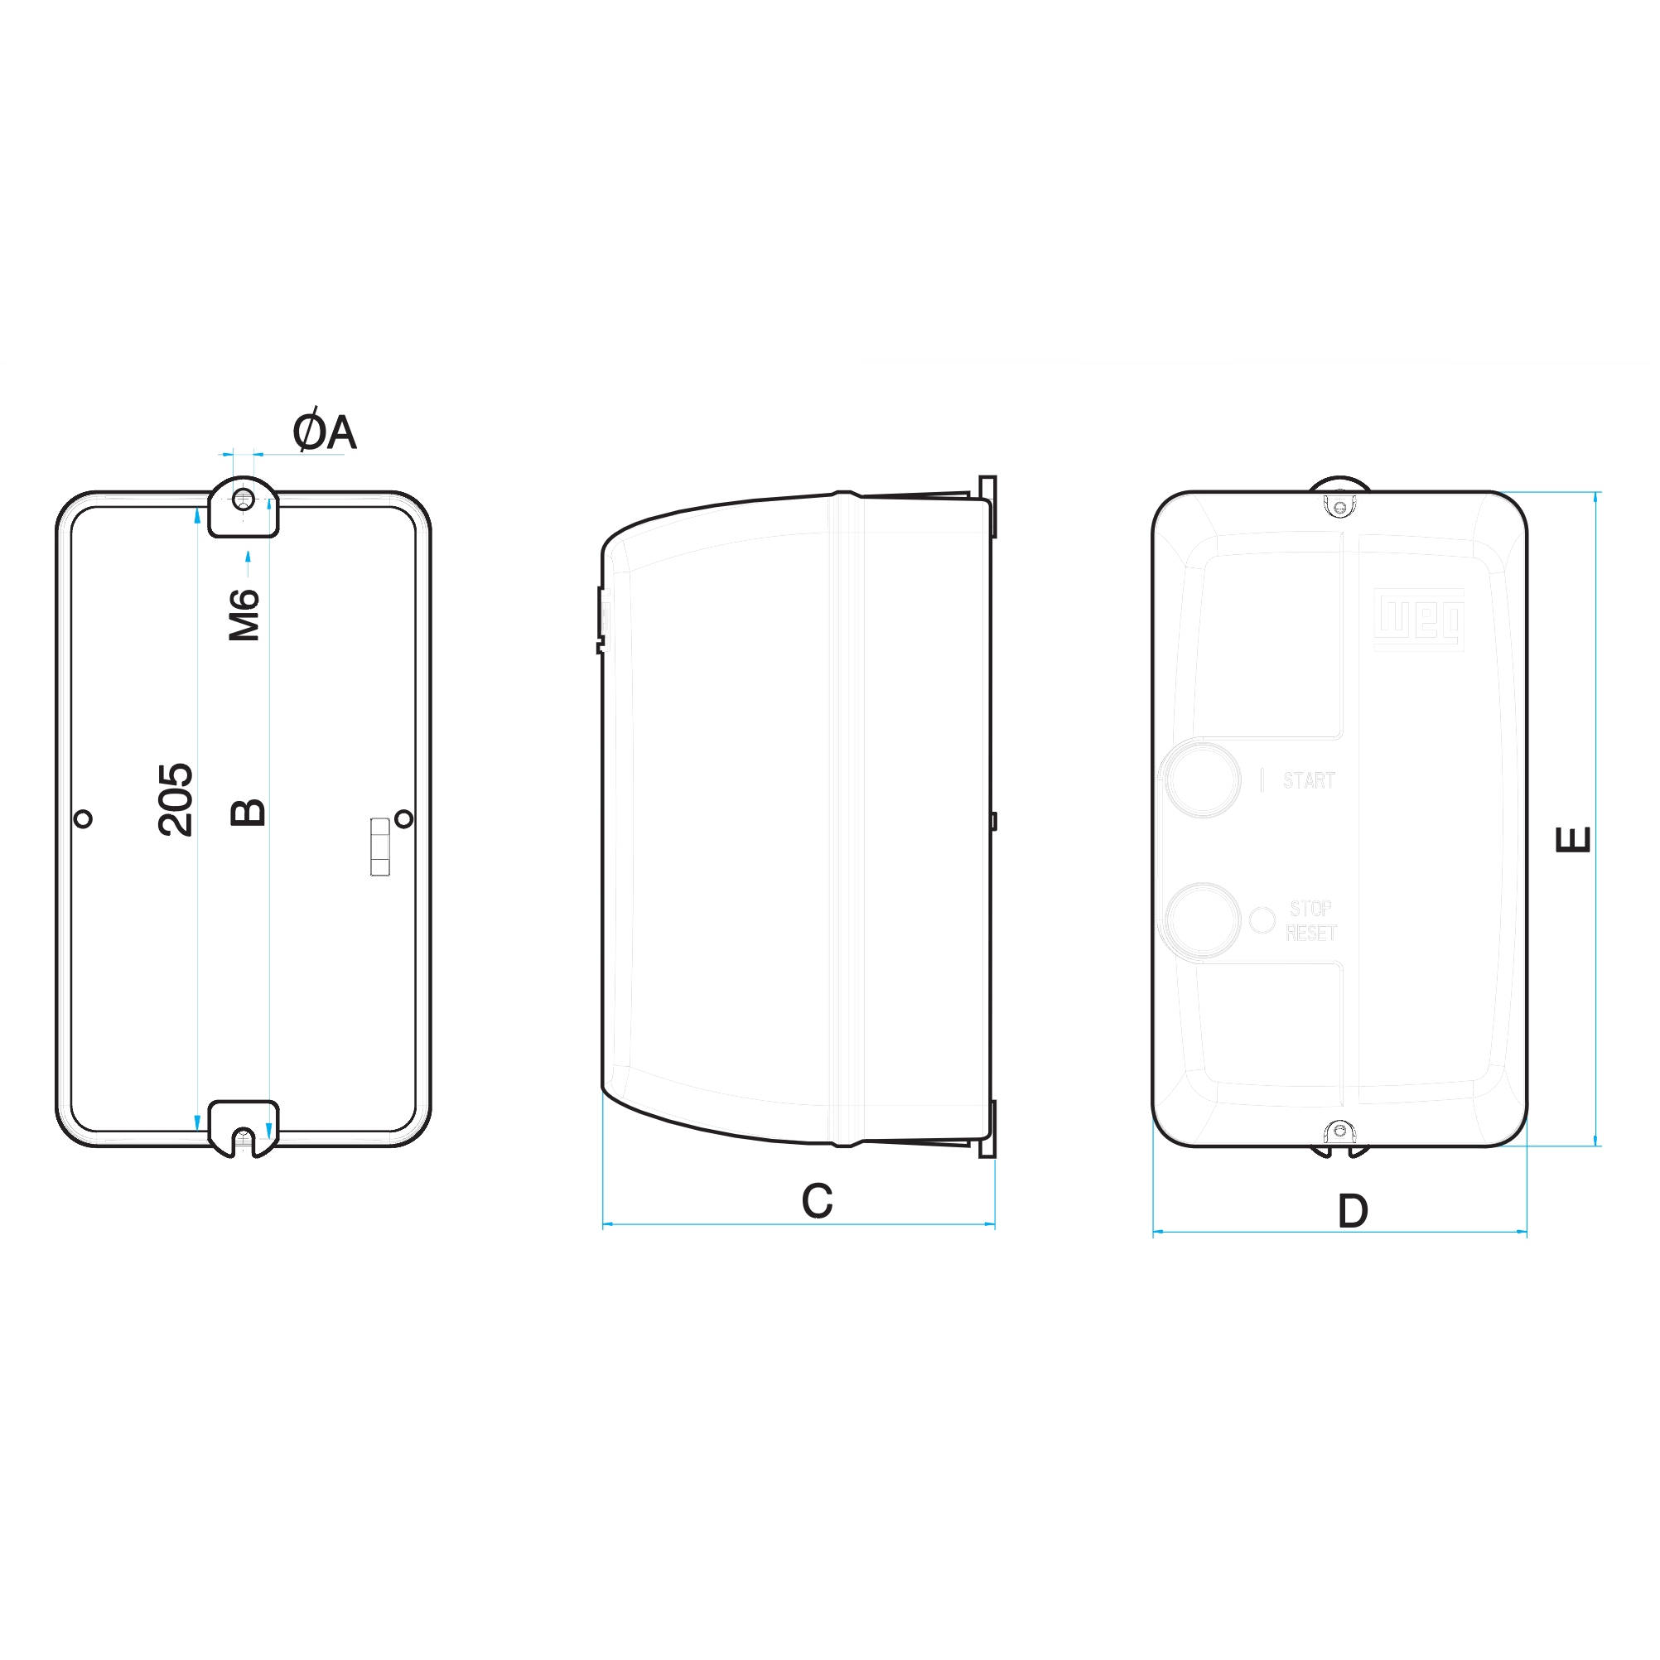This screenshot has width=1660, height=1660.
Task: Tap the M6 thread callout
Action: (x=245, y=615)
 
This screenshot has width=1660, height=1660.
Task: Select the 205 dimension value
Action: (x=176, y=799)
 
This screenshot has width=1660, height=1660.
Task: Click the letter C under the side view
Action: (x=817, y=1201)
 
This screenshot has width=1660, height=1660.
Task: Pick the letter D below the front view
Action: (x=1353, y=1212)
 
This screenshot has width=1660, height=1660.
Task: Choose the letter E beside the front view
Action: (x=1574, y=838)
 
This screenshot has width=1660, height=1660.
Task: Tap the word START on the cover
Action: (x=1309, y=780)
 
